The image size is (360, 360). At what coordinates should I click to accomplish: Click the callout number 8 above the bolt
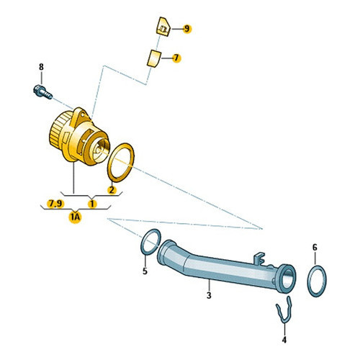pos(41,67)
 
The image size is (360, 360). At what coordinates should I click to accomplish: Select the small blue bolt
pos(42,92)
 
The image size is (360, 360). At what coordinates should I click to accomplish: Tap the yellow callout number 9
pos(187,29)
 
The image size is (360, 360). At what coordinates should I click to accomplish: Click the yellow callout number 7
pos(176,58)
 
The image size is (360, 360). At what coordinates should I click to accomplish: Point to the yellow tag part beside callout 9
pos(163,27)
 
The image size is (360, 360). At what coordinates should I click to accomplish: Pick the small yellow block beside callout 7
pos(153,58)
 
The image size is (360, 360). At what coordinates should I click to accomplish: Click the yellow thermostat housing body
pos(79,138)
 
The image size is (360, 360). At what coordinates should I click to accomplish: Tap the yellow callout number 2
pos(112,190)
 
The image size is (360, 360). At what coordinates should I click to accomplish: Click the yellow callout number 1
pos(92,204)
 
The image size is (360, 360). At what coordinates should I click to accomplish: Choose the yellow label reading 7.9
pos(55,204)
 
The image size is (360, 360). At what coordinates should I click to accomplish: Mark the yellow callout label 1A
pos(75,217)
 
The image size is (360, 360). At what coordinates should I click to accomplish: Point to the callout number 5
pos(145,271)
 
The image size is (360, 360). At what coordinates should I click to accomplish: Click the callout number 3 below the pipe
pos(209,295)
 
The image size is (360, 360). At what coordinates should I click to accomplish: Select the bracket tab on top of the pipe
pos(259,258)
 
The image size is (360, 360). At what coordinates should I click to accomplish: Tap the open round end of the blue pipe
pos(287,279)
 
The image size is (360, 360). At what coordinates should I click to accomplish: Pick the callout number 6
pos(315,247)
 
